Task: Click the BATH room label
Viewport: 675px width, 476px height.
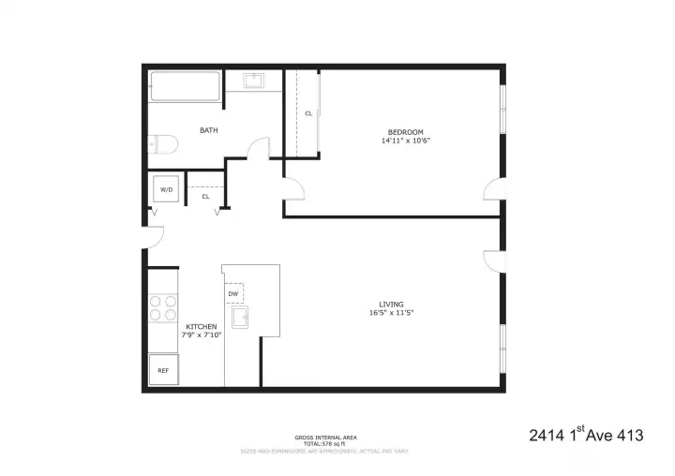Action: [x=209, y=130]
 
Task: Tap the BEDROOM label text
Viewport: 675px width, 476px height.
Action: [x=406, y=131]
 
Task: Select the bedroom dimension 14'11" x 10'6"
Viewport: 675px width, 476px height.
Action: [x=406, y=141]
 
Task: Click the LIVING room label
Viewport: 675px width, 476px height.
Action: [x=391, y=305]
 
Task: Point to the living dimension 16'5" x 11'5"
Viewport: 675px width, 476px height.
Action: [x=391, y=314]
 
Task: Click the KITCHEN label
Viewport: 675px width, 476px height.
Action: [x=202, y=325]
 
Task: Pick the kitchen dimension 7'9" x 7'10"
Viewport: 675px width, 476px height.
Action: [x=202, y=335]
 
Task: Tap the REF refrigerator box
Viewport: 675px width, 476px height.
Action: [x=163, y=370]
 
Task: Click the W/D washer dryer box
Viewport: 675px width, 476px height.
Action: [x=167, y=189]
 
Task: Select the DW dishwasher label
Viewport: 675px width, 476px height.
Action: [x=232, y=294]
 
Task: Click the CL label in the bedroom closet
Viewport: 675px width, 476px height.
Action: [x=308, y=113]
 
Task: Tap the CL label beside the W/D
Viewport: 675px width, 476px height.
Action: [x=205, y=197]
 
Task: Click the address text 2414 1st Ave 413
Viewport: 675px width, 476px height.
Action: [x=586, y=435]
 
